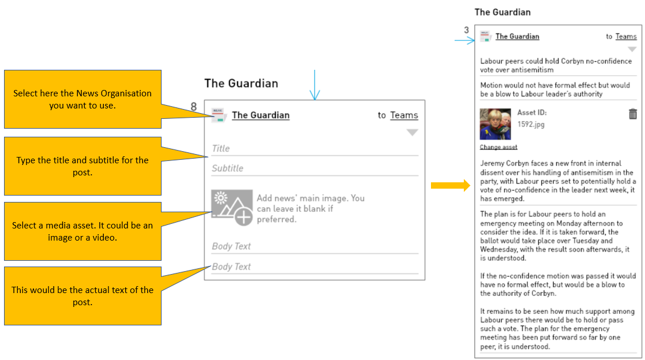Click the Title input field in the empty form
point(314,149)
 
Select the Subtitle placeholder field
point(314,168)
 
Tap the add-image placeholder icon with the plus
point(232,207)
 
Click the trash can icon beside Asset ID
point(633,114)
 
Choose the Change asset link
point(498,147)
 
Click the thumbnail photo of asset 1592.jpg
point(495,124)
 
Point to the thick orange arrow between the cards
point(450,186)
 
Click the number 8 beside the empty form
point(193,107)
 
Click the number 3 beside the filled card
point(466,30)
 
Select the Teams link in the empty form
point(404,115)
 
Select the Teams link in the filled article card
point(626,36)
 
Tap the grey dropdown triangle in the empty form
point(412,133)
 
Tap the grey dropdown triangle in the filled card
point(632,50)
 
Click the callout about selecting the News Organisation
point(82,99)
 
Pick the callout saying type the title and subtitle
point(82,166)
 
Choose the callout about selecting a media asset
point(82,231)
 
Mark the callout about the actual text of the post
point(82,296)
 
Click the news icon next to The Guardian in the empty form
point(219,115)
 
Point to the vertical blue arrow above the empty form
point(314,85)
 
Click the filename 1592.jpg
point(531,124)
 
